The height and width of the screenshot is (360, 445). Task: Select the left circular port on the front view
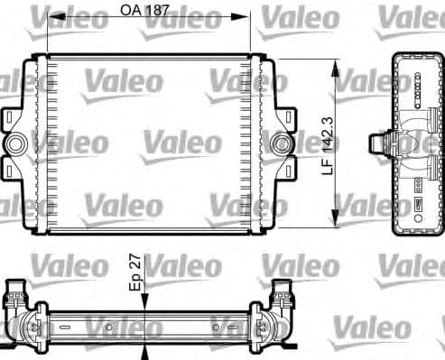[x=16, y=143]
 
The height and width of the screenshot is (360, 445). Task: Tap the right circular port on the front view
[x=281, y=143]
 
